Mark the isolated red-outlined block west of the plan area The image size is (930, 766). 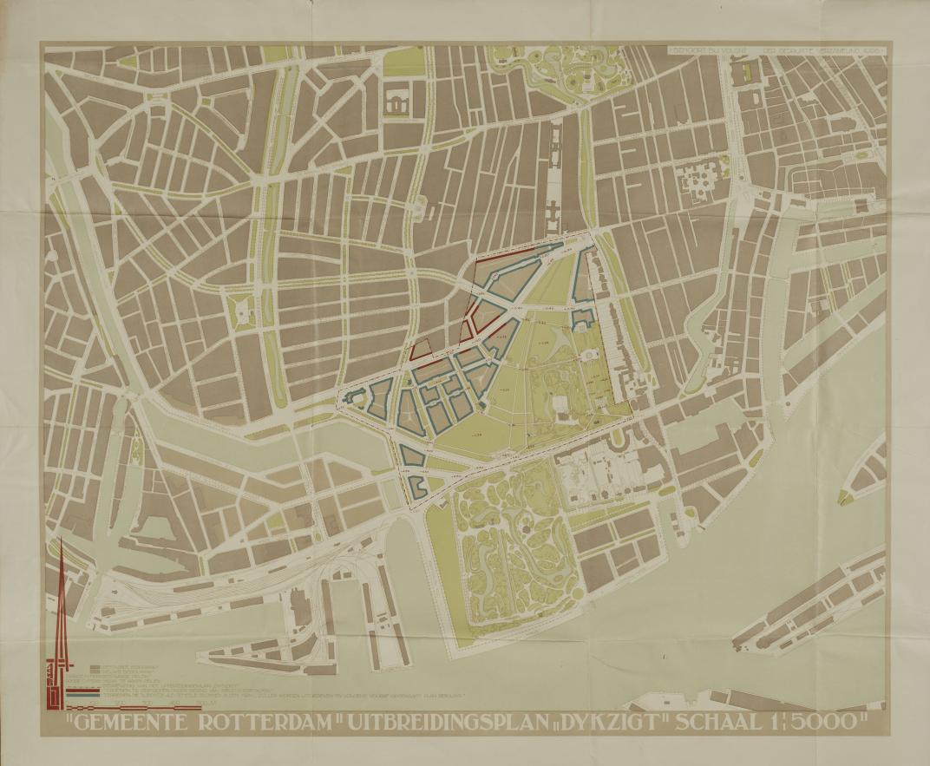pyautogui.click(x=421, y=349)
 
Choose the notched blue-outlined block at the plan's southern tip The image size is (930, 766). pyautogui.click(x=417, y=486)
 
